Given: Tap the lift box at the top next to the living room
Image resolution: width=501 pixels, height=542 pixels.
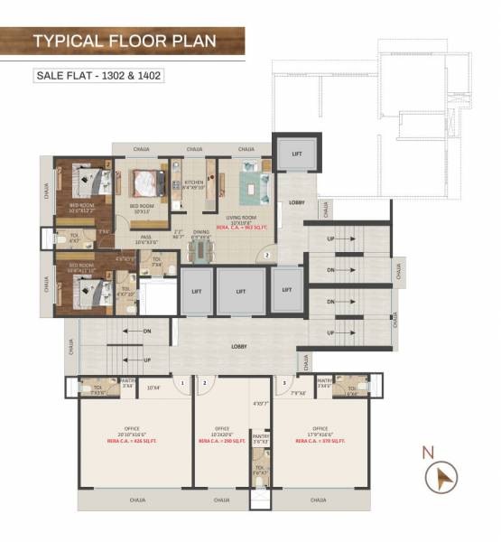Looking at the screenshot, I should (297, 154).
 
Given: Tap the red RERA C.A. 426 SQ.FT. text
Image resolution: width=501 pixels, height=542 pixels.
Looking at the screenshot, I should (134, 443).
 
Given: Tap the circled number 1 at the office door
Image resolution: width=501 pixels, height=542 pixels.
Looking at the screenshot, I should (183, 383).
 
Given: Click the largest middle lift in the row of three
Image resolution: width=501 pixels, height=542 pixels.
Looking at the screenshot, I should (240, 292).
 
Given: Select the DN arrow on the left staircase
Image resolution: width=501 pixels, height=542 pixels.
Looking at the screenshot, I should (147, 332).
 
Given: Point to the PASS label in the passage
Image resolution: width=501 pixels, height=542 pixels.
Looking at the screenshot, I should (144, 237).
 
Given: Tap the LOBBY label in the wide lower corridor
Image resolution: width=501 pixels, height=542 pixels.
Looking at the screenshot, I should (239, 346).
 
